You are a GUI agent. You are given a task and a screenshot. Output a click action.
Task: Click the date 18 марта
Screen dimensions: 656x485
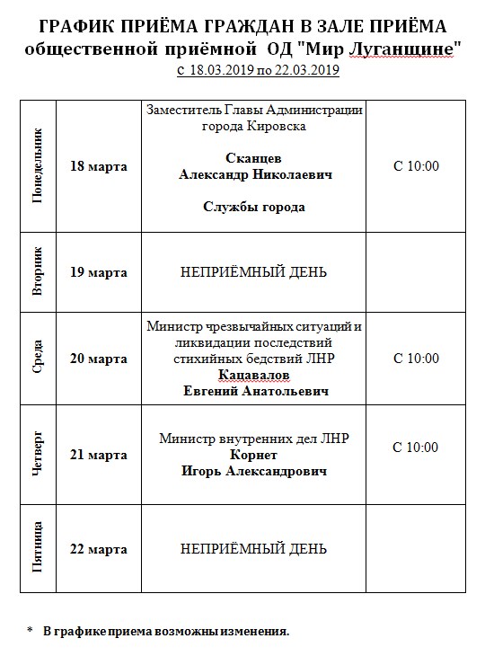99,167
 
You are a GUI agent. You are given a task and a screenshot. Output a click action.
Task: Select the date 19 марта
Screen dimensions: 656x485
99,272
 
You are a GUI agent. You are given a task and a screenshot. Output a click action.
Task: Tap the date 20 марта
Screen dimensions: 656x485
99,359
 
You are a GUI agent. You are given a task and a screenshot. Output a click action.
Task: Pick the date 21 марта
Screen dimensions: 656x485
99,455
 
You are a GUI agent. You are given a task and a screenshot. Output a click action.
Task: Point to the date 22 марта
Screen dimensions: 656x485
99,549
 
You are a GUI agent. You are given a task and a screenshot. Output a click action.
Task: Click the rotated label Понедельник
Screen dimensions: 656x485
39,168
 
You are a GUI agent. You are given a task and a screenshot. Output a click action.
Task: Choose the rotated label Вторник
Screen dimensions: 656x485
39,272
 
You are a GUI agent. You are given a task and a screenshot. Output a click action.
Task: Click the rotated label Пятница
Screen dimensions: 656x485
39,549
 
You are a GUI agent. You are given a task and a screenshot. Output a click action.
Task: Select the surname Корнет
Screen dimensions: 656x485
253,455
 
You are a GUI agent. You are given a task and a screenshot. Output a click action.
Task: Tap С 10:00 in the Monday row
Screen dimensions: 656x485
416,167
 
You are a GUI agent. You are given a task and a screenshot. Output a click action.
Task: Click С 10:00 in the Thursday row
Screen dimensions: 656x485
416,447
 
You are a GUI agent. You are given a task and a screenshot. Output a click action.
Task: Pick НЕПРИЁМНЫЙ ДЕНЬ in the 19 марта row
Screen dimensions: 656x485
253,272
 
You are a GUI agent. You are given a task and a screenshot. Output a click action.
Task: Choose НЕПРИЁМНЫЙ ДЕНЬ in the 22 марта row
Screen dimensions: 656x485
253,549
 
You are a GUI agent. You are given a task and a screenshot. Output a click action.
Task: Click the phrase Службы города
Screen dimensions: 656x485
253,208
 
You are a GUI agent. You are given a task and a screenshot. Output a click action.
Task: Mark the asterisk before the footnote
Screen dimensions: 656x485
30,632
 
